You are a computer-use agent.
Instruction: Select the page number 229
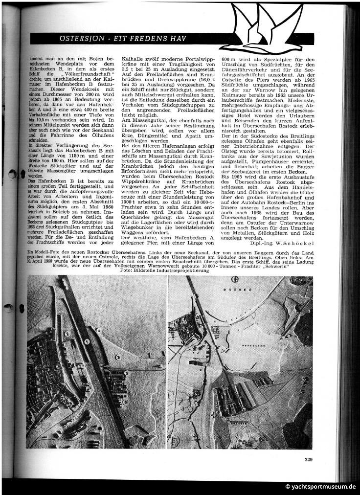click(x=308, y=459)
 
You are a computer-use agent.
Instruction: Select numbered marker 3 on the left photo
click(x=118, y=358)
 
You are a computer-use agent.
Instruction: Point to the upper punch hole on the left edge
click(x=13, y=174)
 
